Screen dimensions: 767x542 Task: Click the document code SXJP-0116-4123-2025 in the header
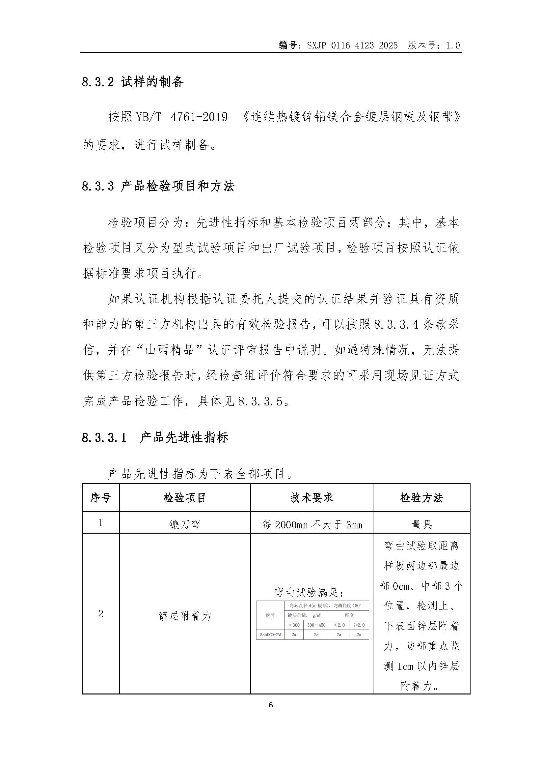pos(352,46)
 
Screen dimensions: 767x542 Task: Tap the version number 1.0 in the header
pos(452,46)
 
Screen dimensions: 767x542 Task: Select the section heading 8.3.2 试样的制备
pos(132,82)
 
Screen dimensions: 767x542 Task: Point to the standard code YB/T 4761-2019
pos(181,117)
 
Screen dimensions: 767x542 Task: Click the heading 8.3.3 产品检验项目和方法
pos(158,186)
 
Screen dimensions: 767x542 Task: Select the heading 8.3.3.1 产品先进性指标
pos(155,438)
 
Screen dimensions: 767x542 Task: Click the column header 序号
pos(100,498)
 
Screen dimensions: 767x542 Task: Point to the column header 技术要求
pos(312,498)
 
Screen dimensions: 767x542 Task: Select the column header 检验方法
pos(421,498)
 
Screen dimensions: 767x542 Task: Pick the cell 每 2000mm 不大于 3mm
pos(312,525)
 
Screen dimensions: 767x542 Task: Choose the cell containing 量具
pos(421,525)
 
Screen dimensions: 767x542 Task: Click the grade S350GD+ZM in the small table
pos(270,634)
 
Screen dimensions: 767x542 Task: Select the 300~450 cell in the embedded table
pos(316,625)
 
